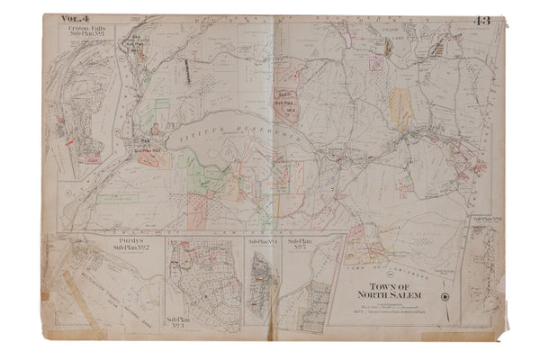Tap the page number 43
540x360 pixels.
480,20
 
